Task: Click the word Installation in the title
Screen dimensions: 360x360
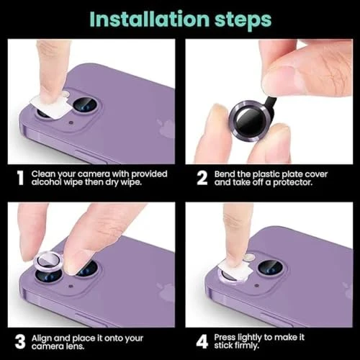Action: click(x=150, y=19)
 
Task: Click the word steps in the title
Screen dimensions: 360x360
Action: click(x=243, y=20)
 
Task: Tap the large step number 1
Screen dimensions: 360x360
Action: click(x=21, y=178)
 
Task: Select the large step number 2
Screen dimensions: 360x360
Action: click(x=202, y=178)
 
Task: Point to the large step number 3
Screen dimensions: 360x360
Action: click(x=20, y=342)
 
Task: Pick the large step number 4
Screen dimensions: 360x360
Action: click(x=202, y=342)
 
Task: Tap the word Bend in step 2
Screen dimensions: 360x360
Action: click(x=225, y=174)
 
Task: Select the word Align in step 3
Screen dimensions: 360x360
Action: click(x=42, y=338)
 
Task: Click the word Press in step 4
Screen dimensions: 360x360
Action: click(x=225, y=338)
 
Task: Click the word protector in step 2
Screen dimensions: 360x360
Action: click(x=292, y=183)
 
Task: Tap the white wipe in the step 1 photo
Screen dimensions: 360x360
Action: click(x=51, y=106)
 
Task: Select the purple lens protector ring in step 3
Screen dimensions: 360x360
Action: click(x=49, y=261)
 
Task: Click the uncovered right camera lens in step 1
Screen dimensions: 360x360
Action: click(x=85, y=104)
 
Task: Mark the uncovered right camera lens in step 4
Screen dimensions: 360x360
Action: click(x=270, y=267)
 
